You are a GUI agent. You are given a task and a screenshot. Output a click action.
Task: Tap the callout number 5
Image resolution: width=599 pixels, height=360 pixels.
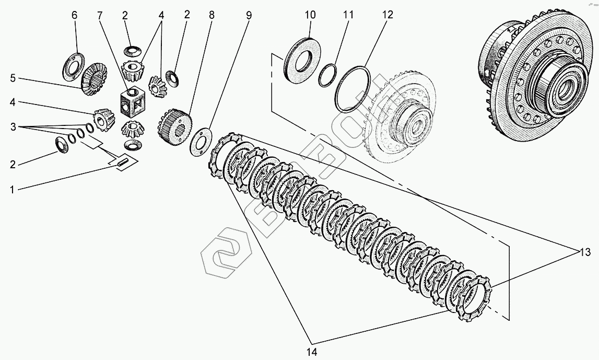(12, 79)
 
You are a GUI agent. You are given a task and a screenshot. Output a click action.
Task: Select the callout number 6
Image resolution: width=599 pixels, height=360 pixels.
(74, 15)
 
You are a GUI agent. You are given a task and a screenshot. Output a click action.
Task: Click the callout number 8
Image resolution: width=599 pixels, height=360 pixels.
(212, 15)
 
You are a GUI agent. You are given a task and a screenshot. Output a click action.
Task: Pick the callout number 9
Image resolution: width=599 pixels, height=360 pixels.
(249, 15)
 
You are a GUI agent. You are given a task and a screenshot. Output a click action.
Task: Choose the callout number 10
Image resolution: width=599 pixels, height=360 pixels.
(310, 15)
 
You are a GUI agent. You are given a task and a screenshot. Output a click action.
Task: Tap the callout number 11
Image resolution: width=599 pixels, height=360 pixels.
(348, 15)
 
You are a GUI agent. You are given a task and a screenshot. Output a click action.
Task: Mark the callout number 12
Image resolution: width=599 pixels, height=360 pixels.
(387, 15)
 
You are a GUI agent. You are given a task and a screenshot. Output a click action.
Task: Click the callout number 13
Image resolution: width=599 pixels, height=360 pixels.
(583, 253)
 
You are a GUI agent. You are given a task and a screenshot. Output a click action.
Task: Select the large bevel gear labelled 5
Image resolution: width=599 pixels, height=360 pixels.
(93, 77)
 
